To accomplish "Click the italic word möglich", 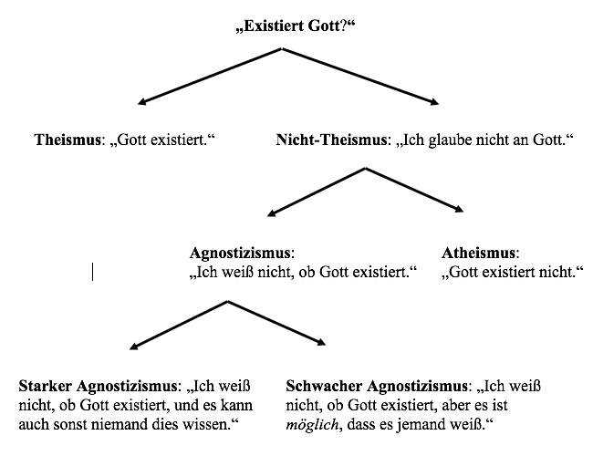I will tap(308, 425).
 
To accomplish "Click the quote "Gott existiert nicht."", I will tap(512, 272).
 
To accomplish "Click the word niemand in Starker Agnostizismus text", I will tap(147, 425).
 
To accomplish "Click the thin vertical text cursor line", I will tap(92, 271).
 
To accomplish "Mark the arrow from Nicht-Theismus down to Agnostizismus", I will tap(316, 191).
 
